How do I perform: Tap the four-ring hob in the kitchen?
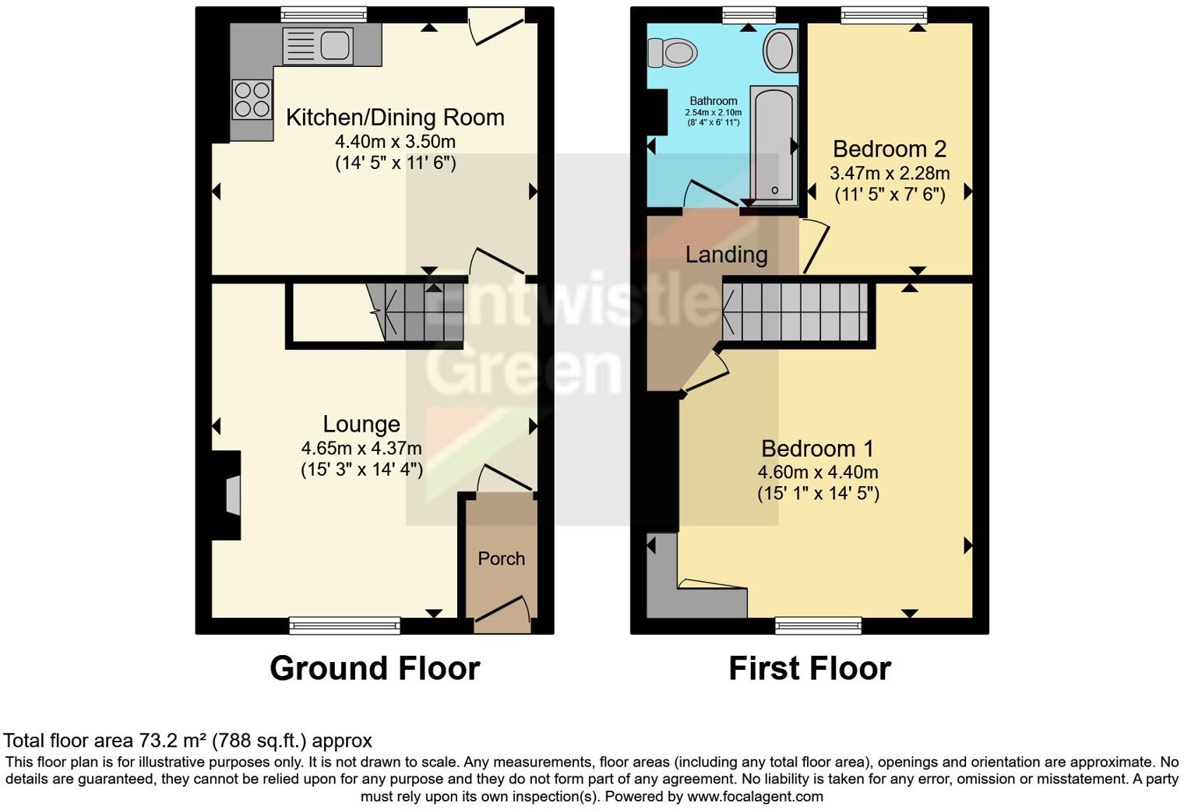click(x=252, y=100)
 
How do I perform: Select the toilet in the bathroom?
click(x=671, y=54)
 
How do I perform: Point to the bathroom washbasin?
click(x=780, y=50)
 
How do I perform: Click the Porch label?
click(x=501, y=558)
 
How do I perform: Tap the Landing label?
click(x=726, y=255)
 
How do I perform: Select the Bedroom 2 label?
click(x=890, y=149)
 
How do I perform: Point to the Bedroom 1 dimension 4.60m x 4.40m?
click(x=818, y=472)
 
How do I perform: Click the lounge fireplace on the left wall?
click(x=231, y=495)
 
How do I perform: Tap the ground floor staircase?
click(x=416, y=313)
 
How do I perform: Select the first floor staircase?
click(x=795, y=312)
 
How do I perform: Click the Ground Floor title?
click(x=375, y=668)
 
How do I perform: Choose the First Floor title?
click(x=809, y=668)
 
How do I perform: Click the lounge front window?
click(x=344, y=625)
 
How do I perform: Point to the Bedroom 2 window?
click(x=883, y=13)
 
